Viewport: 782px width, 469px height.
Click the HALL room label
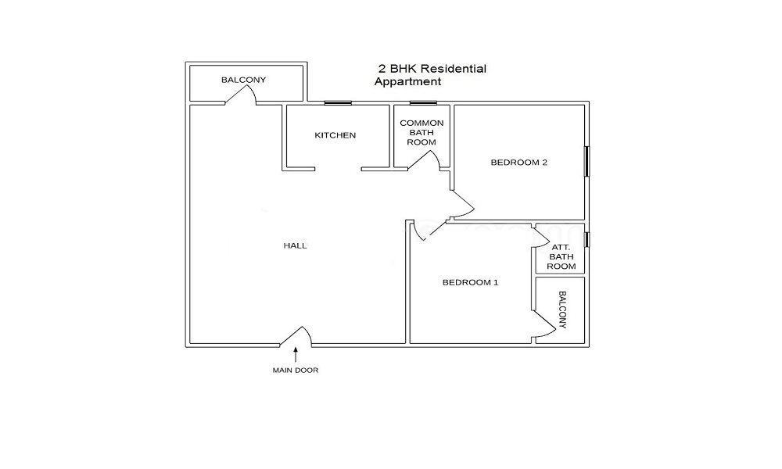click(x=296, y=245)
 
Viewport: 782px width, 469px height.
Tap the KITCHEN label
click(x=335, y=135)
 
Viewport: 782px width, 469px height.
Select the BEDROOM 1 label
click(x=470, y=282)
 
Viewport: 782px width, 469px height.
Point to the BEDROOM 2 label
click(x=519, y=162)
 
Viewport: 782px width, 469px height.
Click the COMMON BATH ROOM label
click(x=421, y=132)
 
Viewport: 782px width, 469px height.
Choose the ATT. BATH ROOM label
click(x=561, y=256)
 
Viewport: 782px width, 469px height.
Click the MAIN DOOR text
click(x=296, y=371)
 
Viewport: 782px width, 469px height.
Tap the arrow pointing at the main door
click(x=296, y=354)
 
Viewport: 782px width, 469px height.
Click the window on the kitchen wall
click(x=338, y=103)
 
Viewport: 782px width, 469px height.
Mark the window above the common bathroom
click(x=423, y=103)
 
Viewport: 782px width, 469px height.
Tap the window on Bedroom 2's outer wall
click(x=586, y=161)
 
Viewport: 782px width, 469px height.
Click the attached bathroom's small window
click(x=586, y=240)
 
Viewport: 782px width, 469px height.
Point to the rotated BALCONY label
click(x=562, y=310)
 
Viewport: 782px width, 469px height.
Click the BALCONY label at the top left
click(x=244, y=80)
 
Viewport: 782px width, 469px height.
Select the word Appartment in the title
click(x=408, y=82)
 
